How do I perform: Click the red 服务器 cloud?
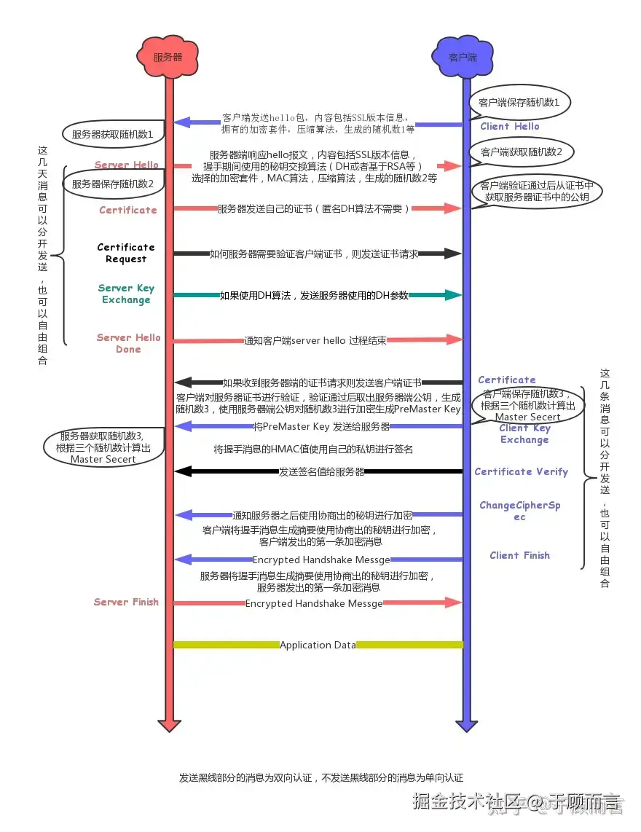click(168, 56)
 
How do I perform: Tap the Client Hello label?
click(510, 126)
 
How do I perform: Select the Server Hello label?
click(126, 165)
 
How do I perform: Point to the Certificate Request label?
click(126, 253)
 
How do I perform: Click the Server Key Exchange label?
click(126, 294)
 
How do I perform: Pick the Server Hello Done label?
click(128, 343)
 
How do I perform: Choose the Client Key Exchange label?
click(524, 433)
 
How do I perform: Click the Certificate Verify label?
click(521, 471)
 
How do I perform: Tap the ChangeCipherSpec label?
click(519, 511)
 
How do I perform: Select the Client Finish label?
click(519, 555)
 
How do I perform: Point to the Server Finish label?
click(126, 602)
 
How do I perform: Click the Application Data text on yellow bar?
click(318, 645)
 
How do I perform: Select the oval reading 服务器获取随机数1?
click(112, 135)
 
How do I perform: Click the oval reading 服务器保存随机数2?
click(112, 184)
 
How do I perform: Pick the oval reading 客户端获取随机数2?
click(521, 152)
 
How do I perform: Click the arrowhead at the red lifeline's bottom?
click(169, 725)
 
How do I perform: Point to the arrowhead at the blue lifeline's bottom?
click(466, 725)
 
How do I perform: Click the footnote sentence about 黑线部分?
click(321, 777)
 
